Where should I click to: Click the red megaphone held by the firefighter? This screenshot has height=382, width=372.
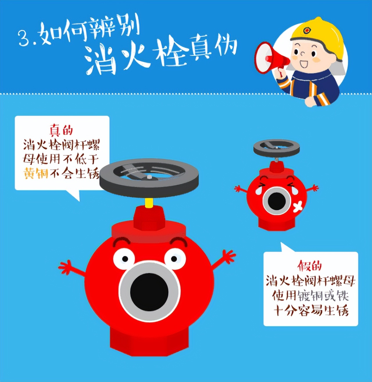pos(269,58)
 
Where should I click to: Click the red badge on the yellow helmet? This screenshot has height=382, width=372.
pos(306,31)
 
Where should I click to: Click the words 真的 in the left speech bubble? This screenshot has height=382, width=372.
pos(61,130)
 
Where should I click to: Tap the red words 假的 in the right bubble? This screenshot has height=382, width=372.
pos(310,265)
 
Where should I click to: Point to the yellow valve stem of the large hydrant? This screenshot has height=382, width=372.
pos(149,203)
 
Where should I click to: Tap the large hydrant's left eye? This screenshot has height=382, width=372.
pos(124,258)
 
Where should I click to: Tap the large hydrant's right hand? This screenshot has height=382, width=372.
pos(228,257)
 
